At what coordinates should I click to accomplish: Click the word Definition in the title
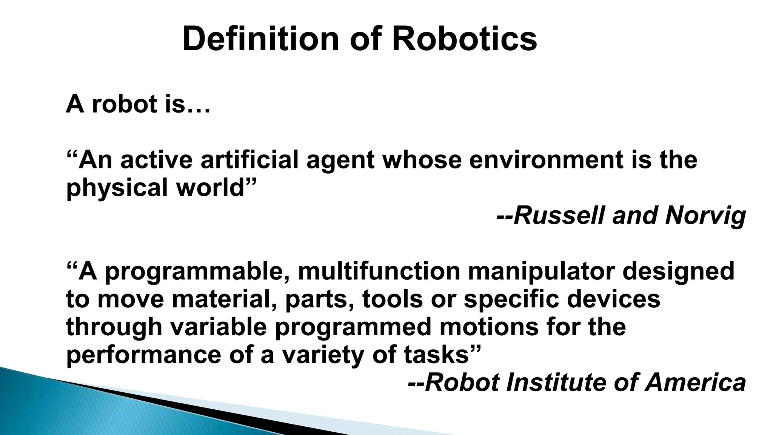[x=261, y=39]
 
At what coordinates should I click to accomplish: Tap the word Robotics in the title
[x=464, y=39]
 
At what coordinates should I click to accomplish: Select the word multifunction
[x=379, y=271]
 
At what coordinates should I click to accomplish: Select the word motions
[x=489, y=327]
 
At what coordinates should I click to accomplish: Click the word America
[x=695, y=383]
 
